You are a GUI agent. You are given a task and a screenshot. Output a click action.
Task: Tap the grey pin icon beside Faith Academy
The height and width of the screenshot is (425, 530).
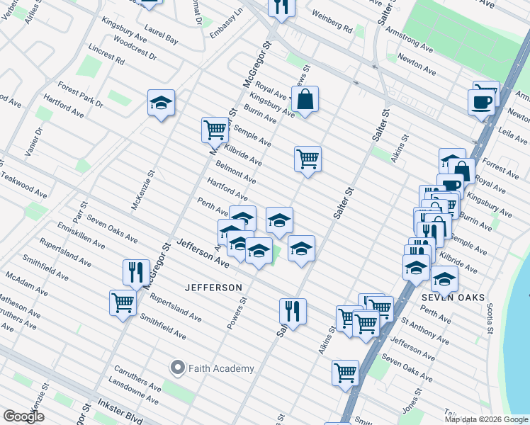pyautogui.click(x=178, y=368)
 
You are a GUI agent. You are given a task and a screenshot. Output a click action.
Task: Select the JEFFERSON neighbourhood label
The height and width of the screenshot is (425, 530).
pyautogui.click(x=213, y=288)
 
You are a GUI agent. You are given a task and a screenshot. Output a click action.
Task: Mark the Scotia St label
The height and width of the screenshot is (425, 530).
pyautogui.click(x=490, y=312)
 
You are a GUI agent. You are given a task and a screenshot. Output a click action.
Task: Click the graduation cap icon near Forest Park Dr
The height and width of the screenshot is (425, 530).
pyautogui.click(x=162, y=103)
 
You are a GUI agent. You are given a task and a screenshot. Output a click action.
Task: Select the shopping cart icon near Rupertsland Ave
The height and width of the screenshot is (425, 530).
pyautogui.click(x=123, y=302)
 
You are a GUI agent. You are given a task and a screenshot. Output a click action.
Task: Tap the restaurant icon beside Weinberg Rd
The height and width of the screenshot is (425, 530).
pyautogui.click(x=281, y=7)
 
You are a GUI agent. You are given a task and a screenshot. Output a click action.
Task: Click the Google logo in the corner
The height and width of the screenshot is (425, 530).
pyautogui.click(x=23, y=416)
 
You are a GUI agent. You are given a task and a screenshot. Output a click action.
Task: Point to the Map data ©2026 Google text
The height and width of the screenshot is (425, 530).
pyautogui.click(x=486, y=419)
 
